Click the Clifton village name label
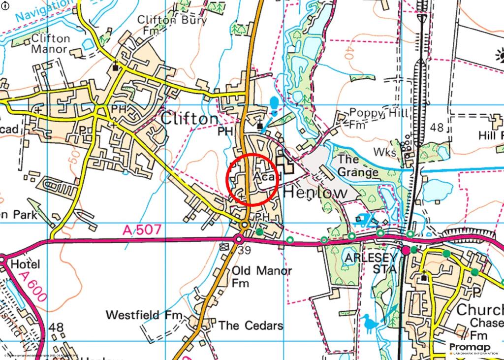coord(189,119)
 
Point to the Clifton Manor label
coord(50,44)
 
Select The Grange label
coord(358,166)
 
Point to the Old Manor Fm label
coord(262,276)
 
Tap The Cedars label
coord(251,326)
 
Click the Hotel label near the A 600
coord(25,264)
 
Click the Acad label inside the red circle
coord(266,176)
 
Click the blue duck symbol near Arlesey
coord(370,323)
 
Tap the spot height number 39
coord(244,251)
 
